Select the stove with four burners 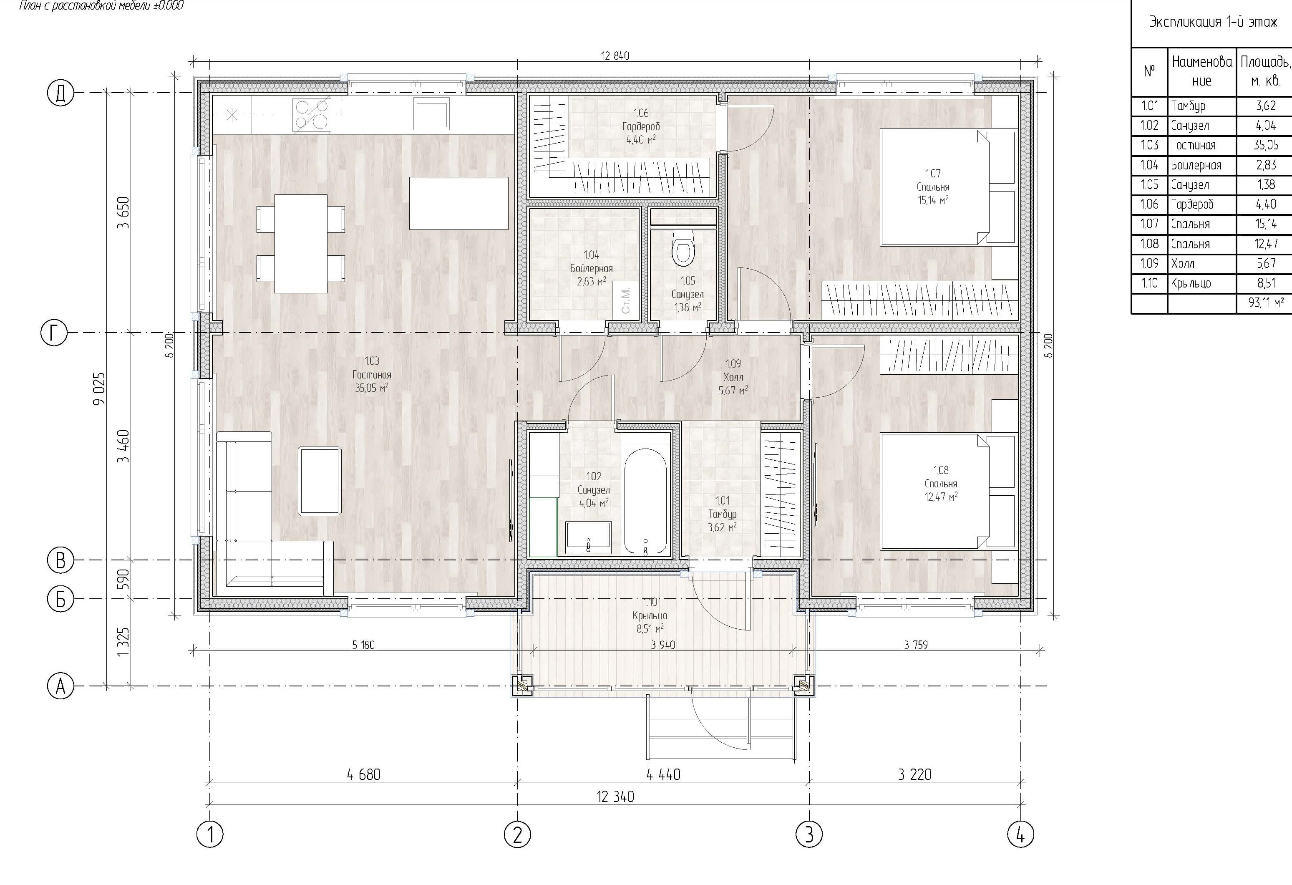tap(311, 114)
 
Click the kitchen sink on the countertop tap(431, 113)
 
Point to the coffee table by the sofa tap(320, 481)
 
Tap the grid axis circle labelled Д tap(60, 93)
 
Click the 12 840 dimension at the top tap(615, 55)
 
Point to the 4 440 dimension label tap(663, 774)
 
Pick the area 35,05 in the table tap(1266, 145)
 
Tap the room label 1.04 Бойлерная tap(591, 268)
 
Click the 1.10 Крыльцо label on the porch tap(650, 615)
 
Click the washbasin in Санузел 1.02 tap(588, 537)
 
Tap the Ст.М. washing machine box tap(625, 300)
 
